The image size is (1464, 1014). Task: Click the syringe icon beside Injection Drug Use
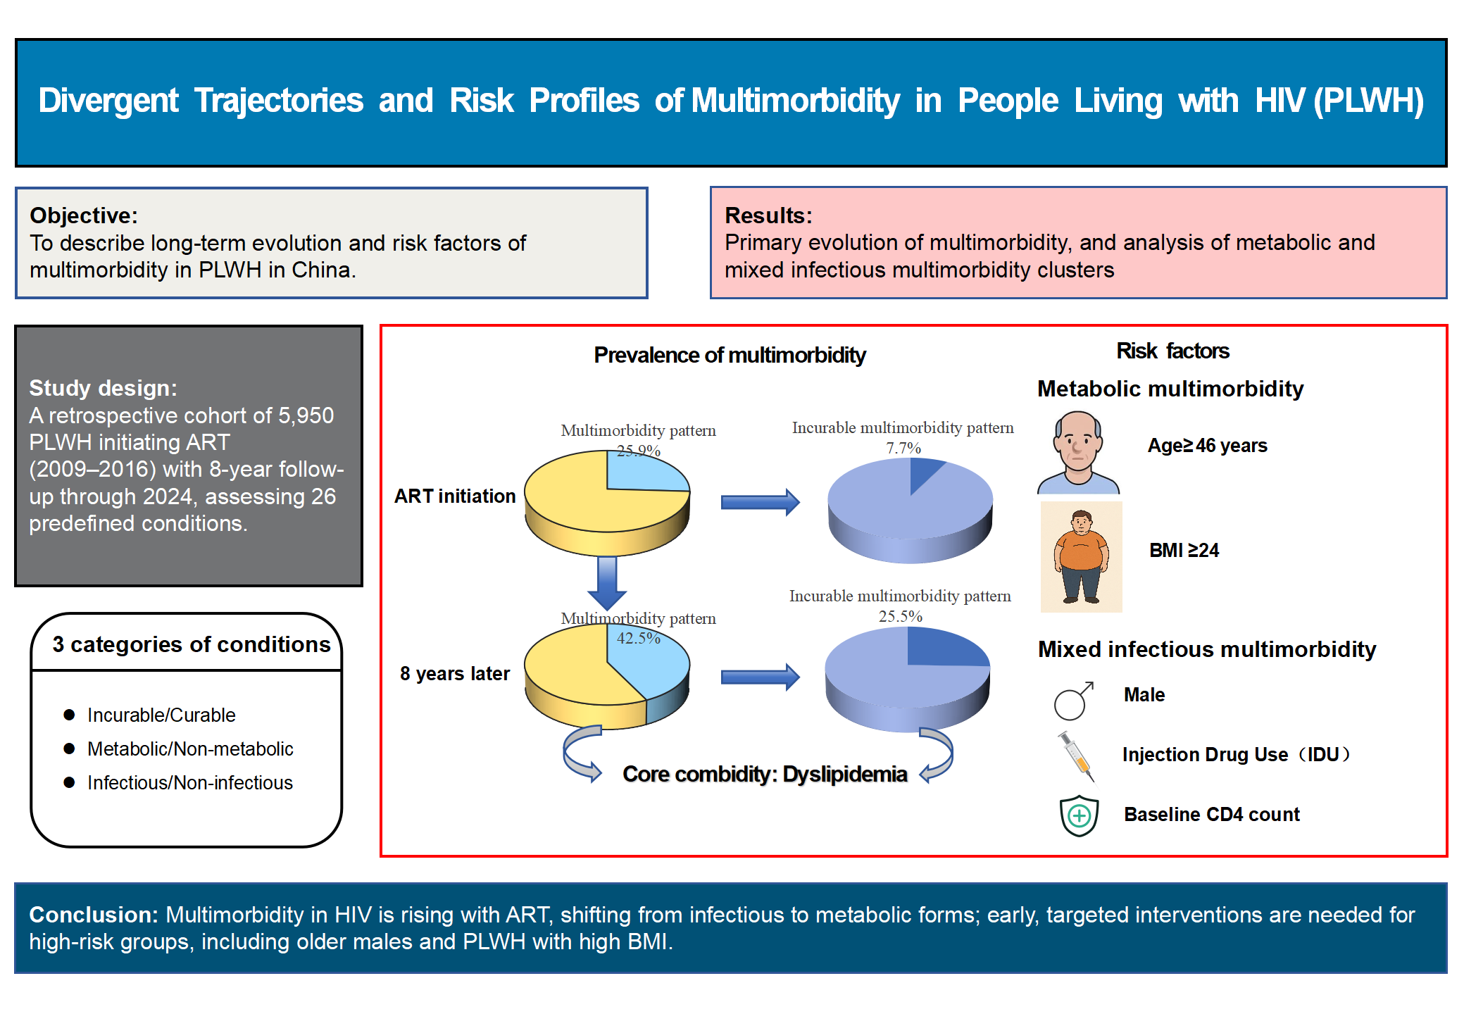point(1076,756)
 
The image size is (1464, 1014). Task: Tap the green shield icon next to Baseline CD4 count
point(1079,815)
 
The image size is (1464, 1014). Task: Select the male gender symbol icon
point(1072,701)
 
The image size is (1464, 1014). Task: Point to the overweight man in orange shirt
point(1081,556)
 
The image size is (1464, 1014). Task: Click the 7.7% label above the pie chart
point(903,448)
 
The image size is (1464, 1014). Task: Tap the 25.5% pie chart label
point(900,616)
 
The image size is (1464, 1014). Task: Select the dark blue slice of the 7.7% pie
point(923,472)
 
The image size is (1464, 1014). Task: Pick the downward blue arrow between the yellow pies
point(607,582)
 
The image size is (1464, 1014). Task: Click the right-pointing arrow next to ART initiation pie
point(760,502)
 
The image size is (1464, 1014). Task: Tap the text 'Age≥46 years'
point(1207,446)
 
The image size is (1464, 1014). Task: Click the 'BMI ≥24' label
point(1184,550)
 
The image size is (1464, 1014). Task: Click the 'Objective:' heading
point(84,215)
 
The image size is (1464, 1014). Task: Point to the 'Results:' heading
point(768,215)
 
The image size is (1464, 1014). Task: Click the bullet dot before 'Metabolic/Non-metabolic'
point(69,749)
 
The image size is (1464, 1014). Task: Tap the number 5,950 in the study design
point(306,415)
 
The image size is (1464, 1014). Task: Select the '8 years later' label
point(454,674)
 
